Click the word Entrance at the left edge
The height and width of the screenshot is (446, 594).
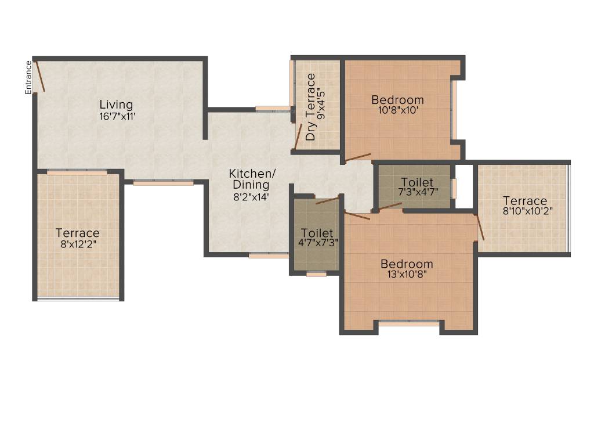[27, 77]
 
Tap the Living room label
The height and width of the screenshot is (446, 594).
[116, 105]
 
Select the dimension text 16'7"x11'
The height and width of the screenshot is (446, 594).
[117, 116]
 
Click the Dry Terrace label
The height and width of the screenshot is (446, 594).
[311, 107]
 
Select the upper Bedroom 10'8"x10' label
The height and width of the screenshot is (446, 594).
[397, 100]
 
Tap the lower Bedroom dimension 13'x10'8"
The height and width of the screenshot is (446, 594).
[407, 275]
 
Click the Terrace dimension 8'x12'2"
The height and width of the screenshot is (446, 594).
[78, 244]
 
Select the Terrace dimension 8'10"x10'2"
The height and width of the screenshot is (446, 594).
[525, 211]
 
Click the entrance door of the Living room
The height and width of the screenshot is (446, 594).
[40, 75]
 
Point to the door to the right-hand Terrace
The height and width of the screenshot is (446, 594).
[480, 227]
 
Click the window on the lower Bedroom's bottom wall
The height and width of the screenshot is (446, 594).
[409, 323]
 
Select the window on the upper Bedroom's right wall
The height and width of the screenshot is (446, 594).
[454, 110]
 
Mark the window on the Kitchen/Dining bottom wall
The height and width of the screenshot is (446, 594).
[268, 255]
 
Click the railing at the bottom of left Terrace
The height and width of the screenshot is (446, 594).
[78, 299]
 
